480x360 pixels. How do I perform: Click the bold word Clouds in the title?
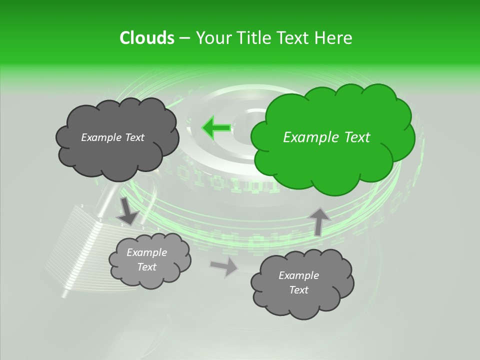tap(146, 38)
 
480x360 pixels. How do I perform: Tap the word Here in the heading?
tap(334, 38)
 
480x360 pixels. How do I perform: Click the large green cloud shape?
tap(332, 150)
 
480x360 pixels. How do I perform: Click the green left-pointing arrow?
tap(216, 127)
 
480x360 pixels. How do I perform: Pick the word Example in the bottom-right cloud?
tap(298, 275)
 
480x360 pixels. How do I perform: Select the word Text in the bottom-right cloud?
tap(298, 290)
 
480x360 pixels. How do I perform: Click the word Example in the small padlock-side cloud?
tap(146, 252)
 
